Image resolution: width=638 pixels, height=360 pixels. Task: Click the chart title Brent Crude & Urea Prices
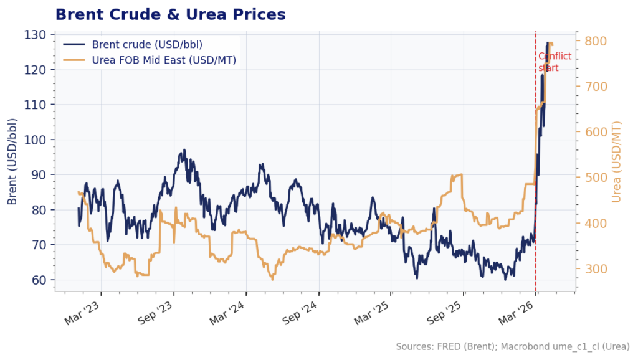170,14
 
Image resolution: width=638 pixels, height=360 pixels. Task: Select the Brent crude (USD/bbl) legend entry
147,44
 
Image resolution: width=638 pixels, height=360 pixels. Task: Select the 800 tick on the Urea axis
594,41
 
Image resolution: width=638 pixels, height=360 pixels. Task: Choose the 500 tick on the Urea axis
594,178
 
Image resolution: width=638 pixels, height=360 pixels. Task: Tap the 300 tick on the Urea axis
594,269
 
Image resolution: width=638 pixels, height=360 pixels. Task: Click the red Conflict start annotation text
554,62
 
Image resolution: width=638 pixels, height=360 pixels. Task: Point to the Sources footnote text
512,346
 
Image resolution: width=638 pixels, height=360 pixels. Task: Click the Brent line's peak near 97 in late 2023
184,150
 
